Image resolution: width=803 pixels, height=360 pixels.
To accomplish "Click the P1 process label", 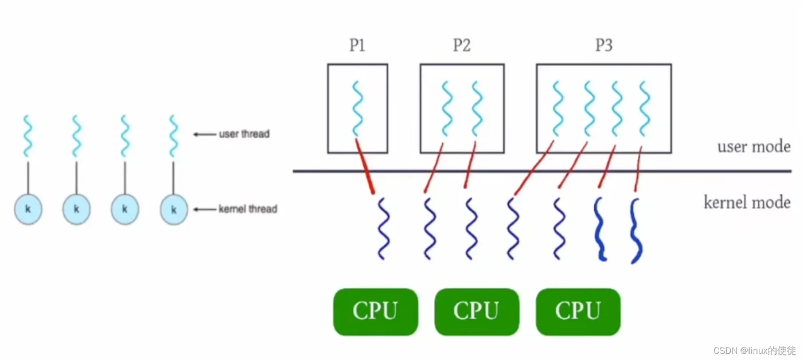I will [x=357, y=45].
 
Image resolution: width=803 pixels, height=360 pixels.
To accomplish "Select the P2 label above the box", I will [x=462, y=45].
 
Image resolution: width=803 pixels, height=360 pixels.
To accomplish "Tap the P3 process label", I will [x=603, y=45].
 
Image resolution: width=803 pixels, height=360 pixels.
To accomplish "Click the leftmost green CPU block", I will [x=375, y=311].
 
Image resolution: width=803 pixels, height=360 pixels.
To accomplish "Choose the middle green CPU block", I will [x=477, y=311].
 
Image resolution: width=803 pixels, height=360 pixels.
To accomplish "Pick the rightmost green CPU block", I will [x=578, y=311].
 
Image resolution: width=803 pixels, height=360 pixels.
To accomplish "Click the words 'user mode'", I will [x=754, y=146].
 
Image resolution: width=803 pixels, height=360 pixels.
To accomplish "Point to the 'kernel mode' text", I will [x=747, y=202].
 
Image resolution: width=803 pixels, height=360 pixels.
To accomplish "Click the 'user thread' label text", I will [x=244, y=134].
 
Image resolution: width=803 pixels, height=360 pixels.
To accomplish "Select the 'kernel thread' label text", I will [x=247, y=209].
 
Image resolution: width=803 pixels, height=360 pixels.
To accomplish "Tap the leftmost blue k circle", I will [x=28, y=209].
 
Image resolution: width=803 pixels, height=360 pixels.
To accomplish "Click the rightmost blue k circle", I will [x=174, y=209].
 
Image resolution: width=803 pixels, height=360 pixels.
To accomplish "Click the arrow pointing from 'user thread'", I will [x=204, y=134].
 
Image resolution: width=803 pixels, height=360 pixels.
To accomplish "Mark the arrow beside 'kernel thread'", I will [x=204, y=209].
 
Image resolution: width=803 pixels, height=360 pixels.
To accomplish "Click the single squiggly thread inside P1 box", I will [x=357, y=108].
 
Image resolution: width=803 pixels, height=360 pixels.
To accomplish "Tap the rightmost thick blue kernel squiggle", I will [x=636, y=230].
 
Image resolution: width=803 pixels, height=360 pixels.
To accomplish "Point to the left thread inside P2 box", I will [x=447, y=108].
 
